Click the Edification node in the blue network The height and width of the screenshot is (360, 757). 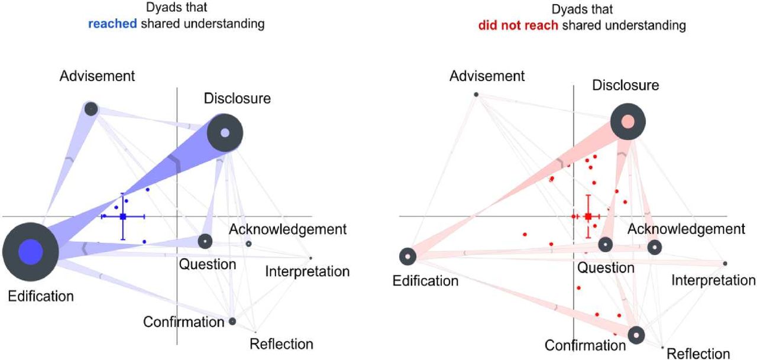pyautogui.click(x=31, y=252)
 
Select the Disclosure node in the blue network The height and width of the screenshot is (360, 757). pyautogui.click(x=225, y=133)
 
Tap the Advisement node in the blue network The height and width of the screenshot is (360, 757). pyautogui.click(x=91, y=109)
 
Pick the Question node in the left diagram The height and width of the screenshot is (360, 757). pyautogui.click(x=205, y=241)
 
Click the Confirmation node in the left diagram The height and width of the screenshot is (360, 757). pyautogui.click(x=232, y=321)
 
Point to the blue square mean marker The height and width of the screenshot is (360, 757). pyautogui.click(x=123, y=216)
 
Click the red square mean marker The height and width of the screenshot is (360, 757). pyautogui.click(x=588, y=216)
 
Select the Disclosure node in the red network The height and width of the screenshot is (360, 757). pyautogui.click(x=628, y=122)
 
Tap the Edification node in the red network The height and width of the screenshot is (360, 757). pyautogui.click(x=407, y=257)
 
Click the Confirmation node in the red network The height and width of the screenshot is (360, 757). pyautogui.click(x=636, y=335)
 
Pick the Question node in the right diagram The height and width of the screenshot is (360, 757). pyautogui.click(x=605, y=245)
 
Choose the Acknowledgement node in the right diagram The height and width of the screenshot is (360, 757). pyautogui.click(x=655, y=248)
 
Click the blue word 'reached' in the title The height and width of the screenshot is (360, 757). pyautogui.click(x=112, y=24)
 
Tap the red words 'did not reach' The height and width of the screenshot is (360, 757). pyautogui.click(x=518, y=25)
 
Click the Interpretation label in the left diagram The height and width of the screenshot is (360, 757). pyautogui.click(x=307, y=271)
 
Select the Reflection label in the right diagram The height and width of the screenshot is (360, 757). pyautogui.click(x=698, y=353)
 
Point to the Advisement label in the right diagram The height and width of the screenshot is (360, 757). pyautogui.click(x=487, y=76)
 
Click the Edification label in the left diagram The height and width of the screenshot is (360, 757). pyautogui.click(x=41, y=296)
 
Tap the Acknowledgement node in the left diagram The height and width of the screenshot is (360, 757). pyautogui.click(x=248, y=244)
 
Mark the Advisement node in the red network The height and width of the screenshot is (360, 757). pyautogui.click(x=476, y=95)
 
